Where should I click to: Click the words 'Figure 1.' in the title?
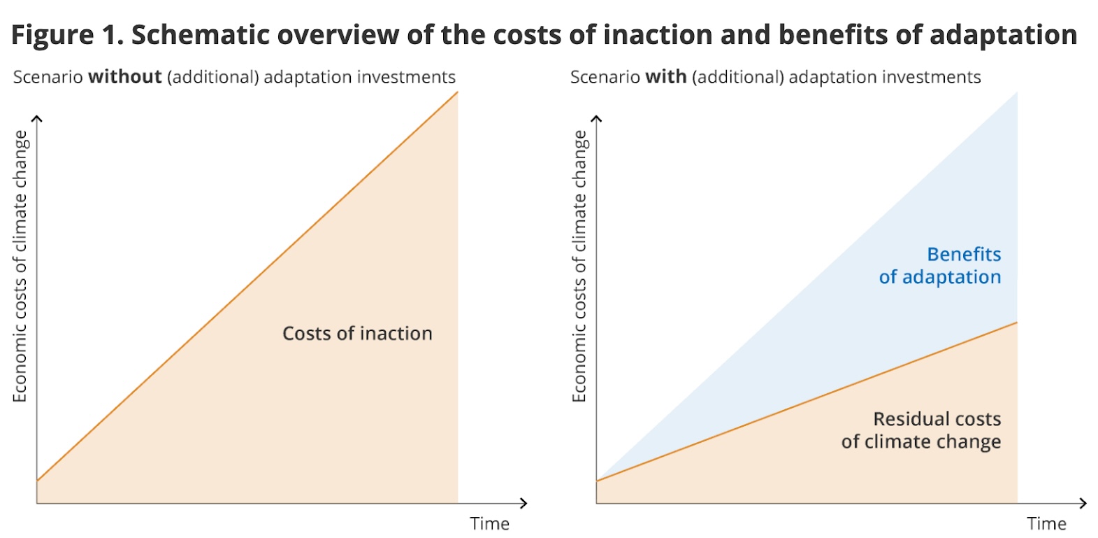click(66, 34)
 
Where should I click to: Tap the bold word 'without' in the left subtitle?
click(125, 77)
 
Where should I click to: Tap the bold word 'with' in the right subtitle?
click(665, 77)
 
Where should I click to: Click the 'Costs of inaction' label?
click(357, 334)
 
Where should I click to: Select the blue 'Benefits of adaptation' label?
click(940, 266)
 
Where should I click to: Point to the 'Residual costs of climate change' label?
click(921, 430)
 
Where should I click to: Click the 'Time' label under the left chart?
click(489, 523)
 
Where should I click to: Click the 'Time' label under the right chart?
click(1046, 523)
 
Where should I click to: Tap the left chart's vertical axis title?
click(20, 266)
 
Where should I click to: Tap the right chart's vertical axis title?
click(579, 266)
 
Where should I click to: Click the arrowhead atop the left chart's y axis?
click(37, 119)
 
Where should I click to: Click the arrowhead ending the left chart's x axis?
click(523, 502)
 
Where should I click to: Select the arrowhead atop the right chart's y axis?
click(596, 119)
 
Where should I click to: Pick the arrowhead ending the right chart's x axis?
click(1083, 503)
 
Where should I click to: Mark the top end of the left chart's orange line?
click(457, 92)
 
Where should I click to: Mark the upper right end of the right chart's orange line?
click(1016, 323)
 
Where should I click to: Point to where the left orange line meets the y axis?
click(38, 481)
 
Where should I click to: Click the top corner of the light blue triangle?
click(1016, 93)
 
